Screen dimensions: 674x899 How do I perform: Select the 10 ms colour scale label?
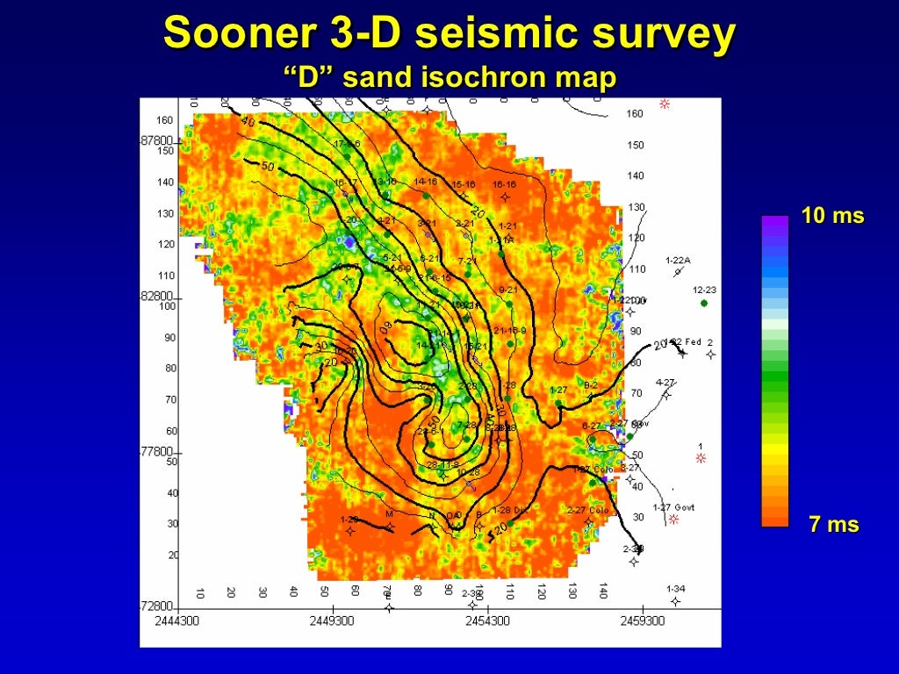832,216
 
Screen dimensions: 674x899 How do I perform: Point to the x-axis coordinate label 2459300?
642,620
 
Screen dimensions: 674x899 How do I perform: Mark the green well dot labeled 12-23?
704,303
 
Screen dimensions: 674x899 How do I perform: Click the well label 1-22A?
678,261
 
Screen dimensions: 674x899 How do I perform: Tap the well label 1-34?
675,589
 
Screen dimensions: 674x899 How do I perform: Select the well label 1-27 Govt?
673,507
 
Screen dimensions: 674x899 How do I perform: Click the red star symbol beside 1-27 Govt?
674,520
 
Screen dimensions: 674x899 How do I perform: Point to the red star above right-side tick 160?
665,104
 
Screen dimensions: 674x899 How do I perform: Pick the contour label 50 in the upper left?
267,167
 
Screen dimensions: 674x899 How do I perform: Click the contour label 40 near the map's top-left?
247,122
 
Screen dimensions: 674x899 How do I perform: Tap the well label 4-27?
665,383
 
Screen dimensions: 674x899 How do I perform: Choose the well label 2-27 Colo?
587,510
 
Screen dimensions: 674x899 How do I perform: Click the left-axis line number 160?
165,120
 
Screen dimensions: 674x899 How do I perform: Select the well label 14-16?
426,183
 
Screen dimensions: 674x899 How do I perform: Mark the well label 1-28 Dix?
510,510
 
